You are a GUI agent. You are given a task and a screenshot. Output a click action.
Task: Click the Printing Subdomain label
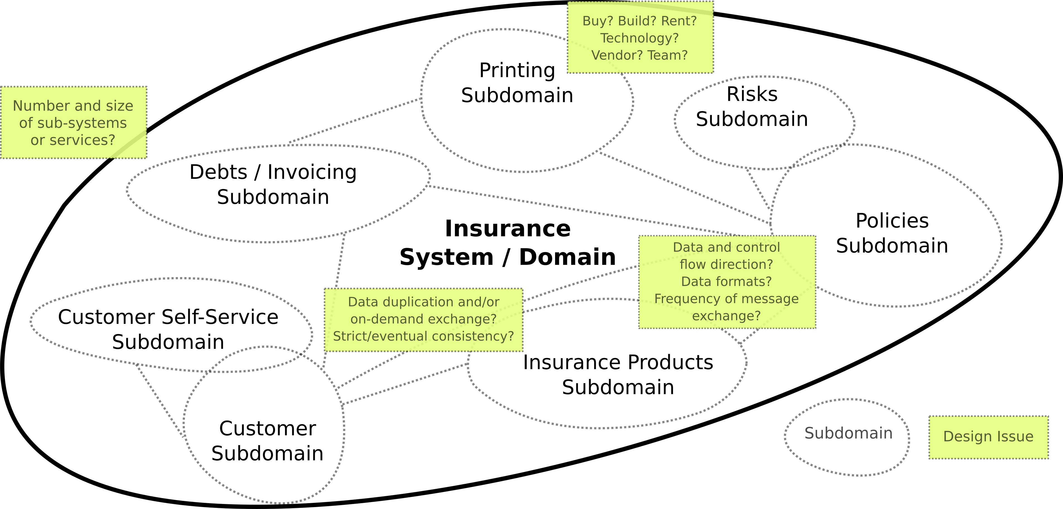[517, 83]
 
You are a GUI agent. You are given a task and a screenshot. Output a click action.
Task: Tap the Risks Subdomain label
[752, 107]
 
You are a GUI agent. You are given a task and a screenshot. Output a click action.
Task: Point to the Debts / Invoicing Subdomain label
[273, 184]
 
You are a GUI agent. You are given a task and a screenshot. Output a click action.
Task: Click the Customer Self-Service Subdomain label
[168, 329]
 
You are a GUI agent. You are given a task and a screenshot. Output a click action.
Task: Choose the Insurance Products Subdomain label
[618, 374]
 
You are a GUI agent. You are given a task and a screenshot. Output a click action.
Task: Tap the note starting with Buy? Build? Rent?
[640, 38]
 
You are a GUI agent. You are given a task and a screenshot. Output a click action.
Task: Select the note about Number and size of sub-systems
[73, 123]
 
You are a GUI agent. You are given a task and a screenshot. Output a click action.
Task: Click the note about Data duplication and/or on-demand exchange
[423, 319]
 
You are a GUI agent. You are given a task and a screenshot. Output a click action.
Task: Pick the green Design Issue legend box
[988, 437]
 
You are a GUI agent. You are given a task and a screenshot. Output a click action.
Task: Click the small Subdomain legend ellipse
[847, 437]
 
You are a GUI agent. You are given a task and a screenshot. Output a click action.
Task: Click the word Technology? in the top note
[639, 38]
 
